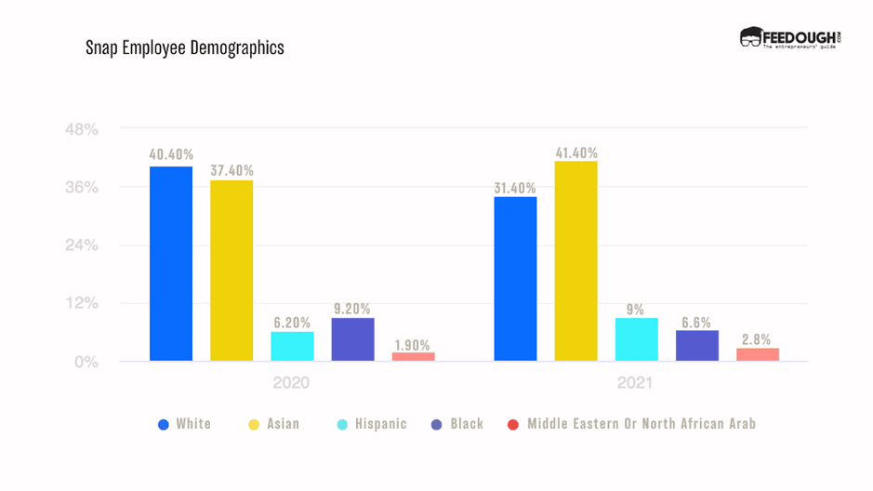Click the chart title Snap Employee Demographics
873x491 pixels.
click(184, 47)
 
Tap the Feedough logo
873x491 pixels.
click(790, 38)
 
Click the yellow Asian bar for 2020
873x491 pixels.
click(231, 270)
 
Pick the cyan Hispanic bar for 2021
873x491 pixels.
click(636, 339)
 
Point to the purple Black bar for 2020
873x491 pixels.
click(352, 339)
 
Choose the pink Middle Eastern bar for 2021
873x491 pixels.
click(757, 354)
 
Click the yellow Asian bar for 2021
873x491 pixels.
click(575, 260)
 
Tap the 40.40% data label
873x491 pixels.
click(171, 154)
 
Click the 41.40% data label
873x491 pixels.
click(575, 153)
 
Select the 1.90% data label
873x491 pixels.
click(412, 344)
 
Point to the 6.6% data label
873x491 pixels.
click(696, 323)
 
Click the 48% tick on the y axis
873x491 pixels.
click(82, 129)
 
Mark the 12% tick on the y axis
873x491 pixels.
click(82, 304)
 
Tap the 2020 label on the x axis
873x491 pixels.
click(291, 383)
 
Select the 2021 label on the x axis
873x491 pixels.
click(635, 383)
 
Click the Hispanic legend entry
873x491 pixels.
click(371, 424)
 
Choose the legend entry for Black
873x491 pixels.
click(457, 424)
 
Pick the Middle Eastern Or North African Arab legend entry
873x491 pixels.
click(632, 424)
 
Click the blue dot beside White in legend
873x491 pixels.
click(164, 424)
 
